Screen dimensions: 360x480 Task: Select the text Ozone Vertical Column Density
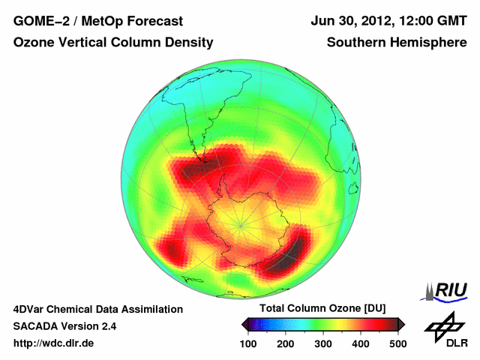point(112,43)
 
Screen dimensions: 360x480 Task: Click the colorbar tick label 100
point(248,343)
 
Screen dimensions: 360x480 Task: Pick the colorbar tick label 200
point(286,343)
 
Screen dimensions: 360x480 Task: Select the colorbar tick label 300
point(323,343)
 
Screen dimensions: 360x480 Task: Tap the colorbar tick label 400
point(361,343)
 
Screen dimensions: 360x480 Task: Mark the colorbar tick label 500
point(397,343)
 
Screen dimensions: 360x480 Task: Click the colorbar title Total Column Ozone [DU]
point(322,309)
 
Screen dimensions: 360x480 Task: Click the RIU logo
point(445,290)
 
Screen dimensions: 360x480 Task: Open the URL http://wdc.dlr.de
point(54,343)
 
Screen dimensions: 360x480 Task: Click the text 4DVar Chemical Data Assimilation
point(97,309)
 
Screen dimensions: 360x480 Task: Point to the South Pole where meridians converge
point(240,223)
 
